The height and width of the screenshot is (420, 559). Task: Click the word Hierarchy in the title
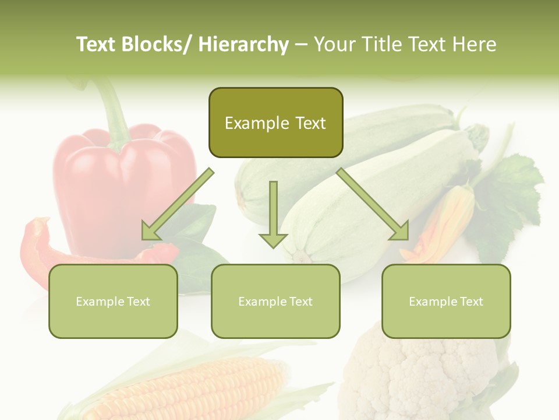pyautogui.click(x=243, y=44)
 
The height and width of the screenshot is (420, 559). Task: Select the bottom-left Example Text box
pyautogui.click(x=113, y=301)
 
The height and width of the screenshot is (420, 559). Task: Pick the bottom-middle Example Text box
pyautogui.click(x=275, y=301)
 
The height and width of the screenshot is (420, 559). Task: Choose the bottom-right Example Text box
pyautogui.click(x=446, y=301)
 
